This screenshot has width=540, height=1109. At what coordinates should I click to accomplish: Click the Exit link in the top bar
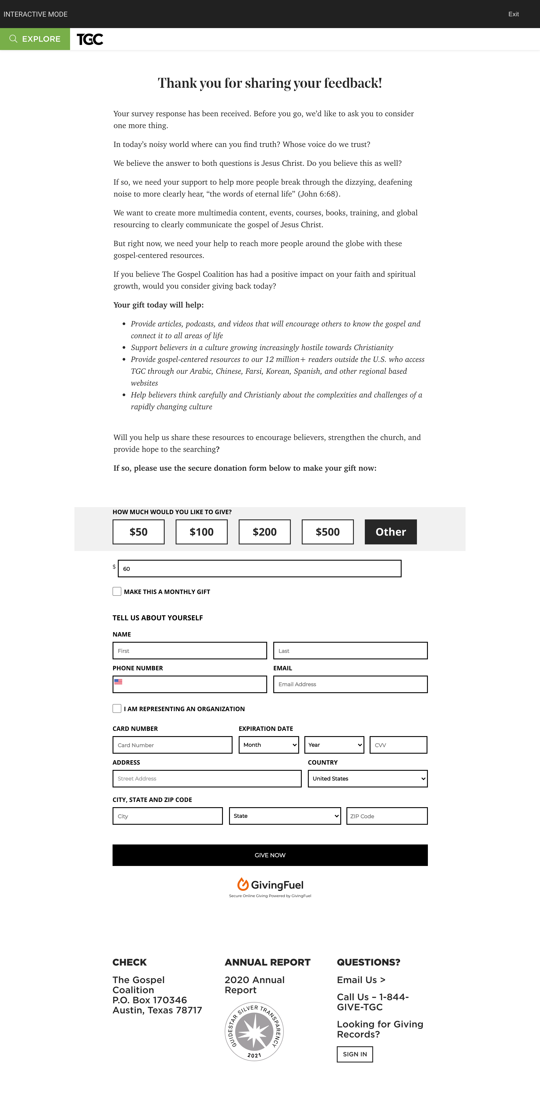(513, 14)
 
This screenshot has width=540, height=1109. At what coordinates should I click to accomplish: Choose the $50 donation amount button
(138, 532)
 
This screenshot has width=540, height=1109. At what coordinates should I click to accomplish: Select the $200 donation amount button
(264, 532)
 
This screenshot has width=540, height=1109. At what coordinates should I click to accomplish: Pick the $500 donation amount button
(328, 532)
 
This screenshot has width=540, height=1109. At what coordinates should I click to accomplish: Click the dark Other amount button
(390, 532)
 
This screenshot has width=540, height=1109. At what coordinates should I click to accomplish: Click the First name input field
(190, 651)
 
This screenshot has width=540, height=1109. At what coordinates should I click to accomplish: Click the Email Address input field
(350, 684)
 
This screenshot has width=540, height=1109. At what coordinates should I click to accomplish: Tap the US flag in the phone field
(118, 681)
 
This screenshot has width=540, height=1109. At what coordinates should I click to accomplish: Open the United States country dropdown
(368, 778)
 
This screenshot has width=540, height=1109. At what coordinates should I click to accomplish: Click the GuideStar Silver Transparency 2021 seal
(254, 1032)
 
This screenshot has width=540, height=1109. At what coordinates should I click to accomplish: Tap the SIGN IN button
(355, 1054)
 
